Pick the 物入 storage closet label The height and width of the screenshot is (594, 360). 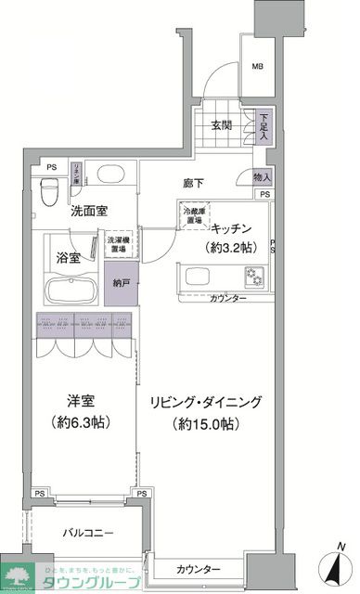coord(263,176)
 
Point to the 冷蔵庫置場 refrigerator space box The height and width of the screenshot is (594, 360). coord(192,218)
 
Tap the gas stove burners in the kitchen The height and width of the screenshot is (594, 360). coord(254,276)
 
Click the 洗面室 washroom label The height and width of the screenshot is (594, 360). coord(93,211)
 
